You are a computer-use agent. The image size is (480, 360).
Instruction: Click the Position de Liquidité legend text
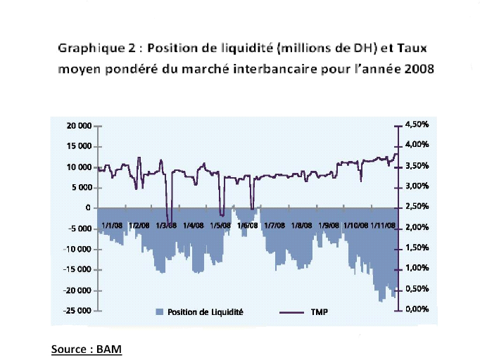click(205, 311)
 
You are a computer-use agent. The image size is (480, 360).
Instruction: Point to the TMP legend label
click(320, 311)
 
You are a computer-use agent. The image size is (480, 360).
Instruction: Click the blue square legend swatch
click(161, 311)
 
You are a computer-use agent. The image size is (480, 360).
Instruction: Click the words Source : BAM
click(82, 348)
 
